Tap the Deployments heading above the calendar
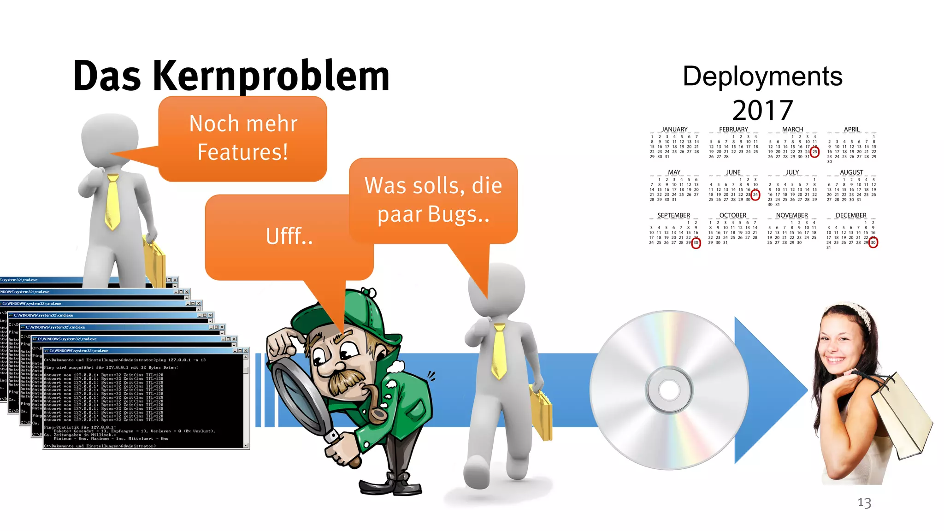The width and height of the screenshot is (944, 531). [x=762, y=76]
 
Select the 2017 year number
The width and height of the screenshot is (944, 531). [x=762, y=110]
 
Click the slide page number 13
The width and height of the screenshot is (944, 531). [x=864, y=502]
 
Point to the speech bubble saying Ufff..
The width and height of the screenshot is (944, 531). [x=289, y=236]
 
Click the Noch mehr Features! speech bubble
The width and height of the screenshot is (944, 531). [x=243, y=138]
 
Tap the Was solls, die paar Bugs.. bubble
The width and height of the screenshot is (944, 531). [x=433, y=200]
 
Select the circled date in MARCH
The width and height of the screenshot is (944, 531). [x=814, y=152]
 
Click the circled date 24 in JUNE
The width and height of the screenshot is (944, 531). [x=755, y=195]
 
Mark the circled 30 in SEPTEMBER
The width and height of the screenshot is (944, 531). [x=696, y=243]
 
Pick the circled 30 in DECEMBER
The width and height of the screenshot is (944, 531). [x=873, y=243]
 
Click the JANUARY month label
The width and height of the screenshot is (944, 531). [x=674, y=130]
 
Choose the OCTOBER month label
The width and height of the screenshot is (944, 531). [x=733, y=215]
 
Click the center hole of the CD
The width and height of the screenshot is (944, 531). [x=669, y=390]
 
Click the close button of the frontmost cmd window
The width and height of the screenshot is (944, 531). [x=246, y=351]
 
